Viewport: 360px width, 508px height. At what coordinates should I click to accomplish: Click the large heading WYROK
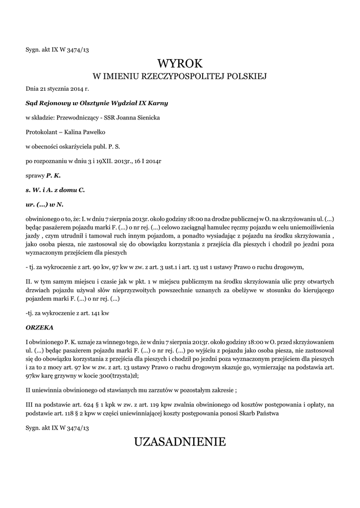[x=180, y=63]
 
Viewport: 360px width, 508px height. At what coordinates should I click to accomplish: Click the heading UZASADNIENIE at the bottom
[x=180, y=442]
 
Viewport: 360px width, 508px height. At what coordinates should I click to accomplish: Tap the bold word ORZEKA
[x=39, y=328]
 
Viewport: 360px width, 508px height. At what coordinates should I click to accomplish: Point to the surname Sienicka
[x=147, y=118]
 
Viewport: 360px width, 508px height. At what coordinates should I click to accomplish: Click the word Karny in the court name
[x=158, y=103]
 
